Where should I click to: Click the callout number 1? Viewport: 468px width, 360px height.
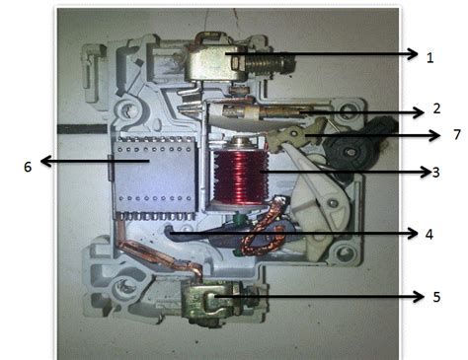click(x=429, y=58)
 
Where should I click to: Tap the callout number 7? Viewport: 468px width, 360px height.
click(x=429, y=133)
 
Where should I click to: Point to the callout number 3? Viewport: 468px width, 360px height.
click(x=435, y=172)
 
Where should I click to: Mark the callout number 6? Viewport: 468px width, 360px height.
click(x=28, y=167)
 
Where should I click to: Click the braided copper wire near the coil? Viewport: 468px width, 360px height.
click(x=264, y=237)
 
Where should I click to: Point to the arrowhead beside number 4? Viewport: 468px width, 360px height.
click(x=414, y=233)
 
